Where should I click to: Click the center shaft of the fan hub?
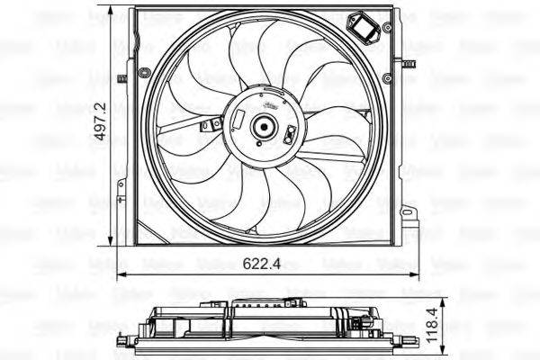pyautogui.click(x=264, y=127)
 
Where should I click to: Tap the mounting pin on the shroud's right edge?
pyautogui.click(x=408, y=64)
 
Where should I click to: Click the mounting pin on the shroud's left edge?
pyautogui.click(x=121, y=78)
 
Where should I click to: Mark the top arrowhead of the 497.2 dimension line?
pyautogui.click(x=112, y=11)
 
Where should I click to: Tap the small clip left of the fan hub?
pyautogui.click(x=210, y=127)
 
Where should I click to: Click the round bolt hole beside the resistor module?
pyautogui.click(x=388, y=28)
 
